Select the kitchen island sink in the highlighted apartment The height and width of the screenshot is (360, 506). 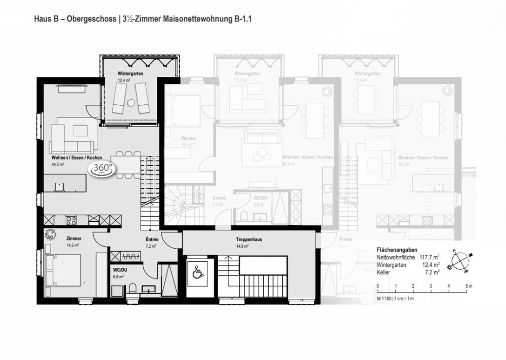coord(59,185)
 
